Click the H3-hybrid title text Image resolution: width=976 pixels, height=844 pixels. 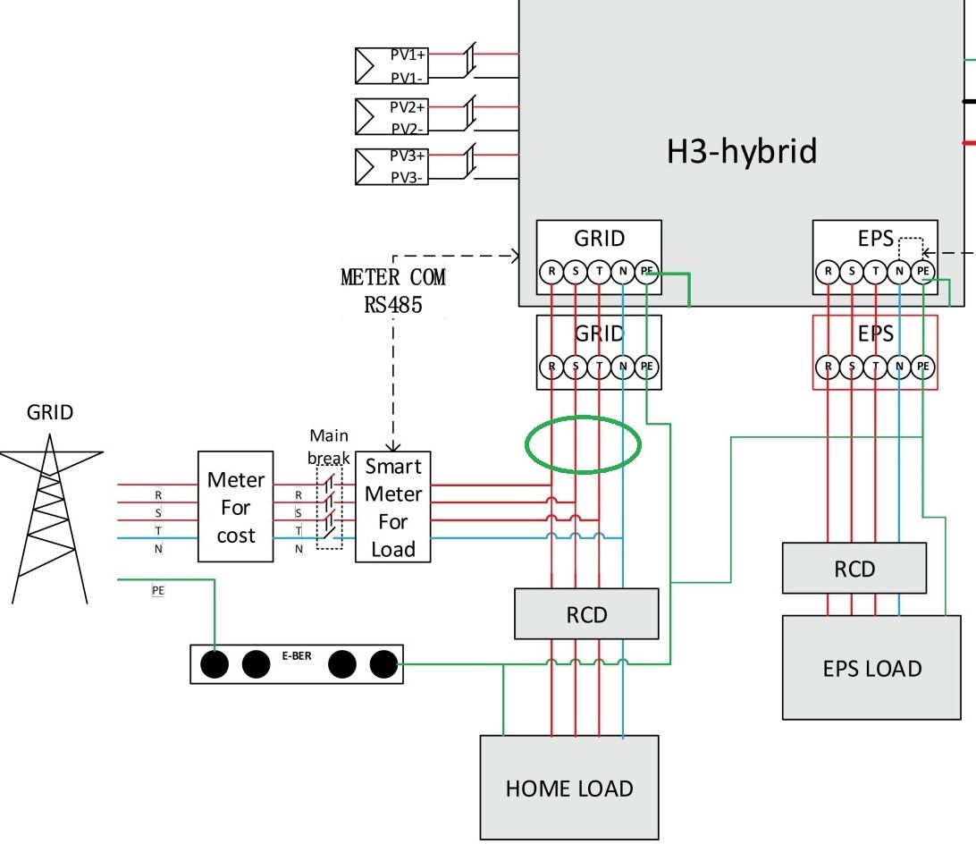(x=741, y=151)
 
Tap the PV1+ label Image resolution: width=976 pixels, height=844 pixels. (x=408, y=55)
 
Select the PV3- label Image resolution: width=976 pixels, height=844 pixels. (x=407, y=178)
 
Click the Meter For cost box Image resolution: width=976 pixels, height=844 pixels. (x=235, y=507)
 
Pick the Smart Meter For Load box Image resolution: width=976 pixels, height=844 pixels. (x=392, y=507)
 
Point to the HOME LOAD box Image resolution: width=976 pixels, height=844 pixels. (x=569, y=788)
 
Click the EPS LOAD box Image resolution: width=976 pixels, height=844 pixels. (x=871, y=668)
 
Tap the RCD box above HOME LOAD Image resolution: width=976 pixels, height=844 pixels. (x=586, y=614)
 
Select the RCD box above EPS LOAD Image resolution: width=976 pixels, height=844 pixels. (x=854, y=568)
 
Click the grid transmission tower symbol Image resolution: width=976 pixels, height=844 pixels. (x=50, y=519)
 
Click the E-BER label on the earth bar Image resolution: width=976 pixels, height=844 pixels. (x=297, y=656)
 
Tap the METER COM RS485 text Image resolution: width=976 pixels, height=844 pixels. (x=392, y=291)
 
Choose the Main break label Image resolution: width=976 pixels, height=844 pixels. (x=329, y=447)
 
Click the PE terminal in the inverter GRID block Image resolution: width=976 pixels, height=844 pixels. (x=647, y=272)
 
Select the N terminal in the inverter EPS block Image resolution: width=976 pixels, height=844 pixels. (x=899, y=272)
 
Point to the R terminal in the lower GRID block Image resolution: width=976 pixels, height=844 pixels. (x=551, y=367)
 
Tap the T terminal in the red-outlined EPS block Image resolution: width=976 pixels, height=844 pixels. (x=875, y=367)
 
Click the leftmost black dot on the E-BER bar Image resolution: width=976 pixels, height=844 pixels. (x=215, y=664)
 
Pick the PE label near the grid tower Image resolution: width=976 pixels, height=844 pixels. (x=158, y=590)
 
